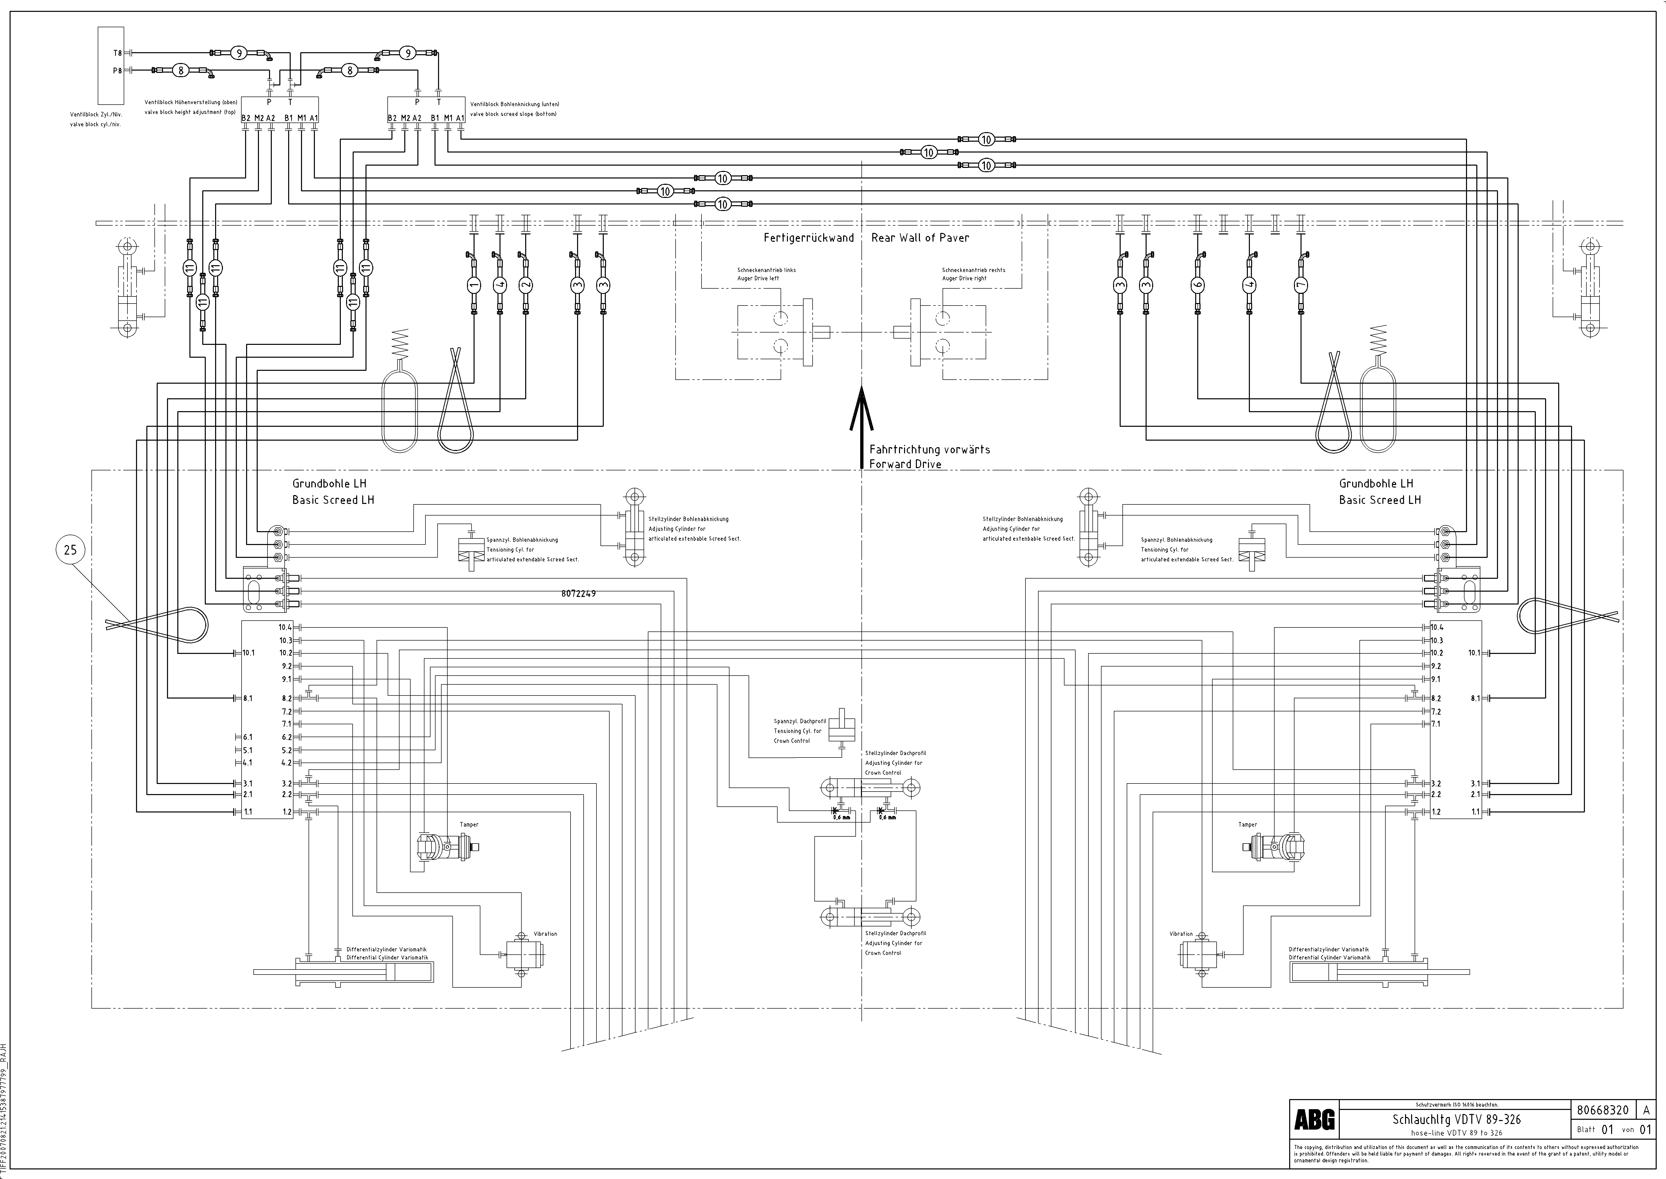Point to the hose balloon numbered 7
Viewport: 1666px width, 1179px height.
[1300, 285]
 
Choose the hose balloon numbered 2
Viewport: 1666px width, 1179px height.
[525, 285]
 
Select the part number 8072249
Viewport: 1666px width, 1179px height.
[578, 593]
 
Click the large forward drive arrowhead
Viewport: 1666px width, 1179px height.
[861, 410]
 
